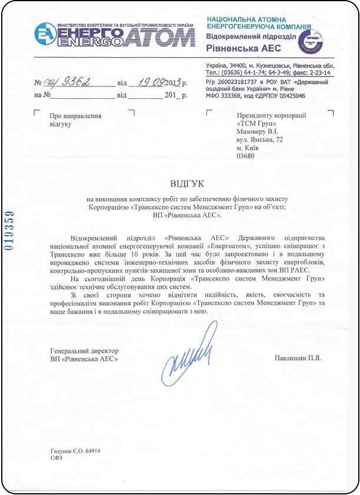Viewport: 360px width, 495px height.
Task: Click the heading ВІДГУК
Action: coord(179,184)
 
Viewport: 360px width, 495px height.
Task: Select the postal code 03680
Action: coord(245,157)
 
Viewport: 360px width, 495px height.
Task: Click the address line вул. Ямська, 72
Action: coord(259,141)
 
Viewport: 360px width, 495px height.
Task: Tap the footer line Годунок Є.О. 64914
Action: coord(75,451)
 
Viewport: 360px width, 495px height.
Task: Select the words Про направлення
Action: coord(76,116)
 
